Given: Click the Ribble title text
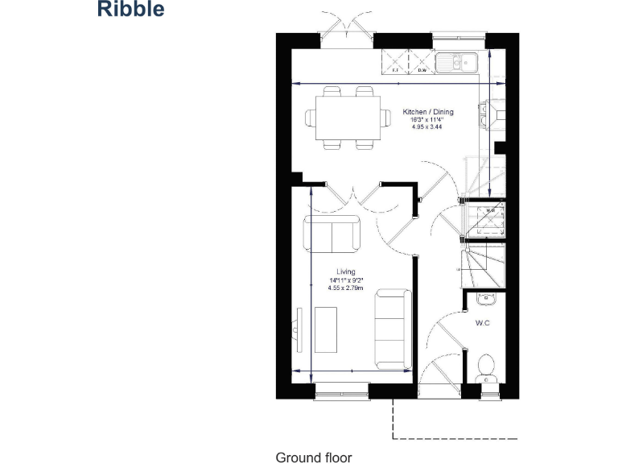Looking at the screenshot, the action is pyautogui.click(x=131, y=10).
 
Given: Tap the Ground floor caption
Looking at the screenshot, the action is pyautogui.click(x=314, y=458).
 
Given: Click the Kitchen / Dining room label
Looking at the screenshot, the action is pyautogui.click(x=428, y=112).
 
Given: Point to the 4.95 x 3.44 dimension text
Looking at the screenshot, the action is pyautogui.click(x=428, y=127).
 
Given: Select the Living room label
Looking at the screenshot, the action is pyautogui.click(x=346, y=272).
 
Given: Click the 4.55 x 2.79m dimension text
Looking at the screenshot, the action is pyautogui.click(x=346, y=288).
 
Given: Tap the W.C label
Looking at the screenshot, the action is pyautogui.click(x=483, y=324).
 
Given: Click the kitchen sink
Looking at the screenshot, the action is pyautogui.click(x=458, y=62).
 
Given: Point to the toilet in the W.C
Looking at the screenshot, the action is pyautogui.click(x=485, y=369).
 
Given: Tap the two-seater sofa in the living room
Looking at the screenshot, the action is pyautogui.click(x=332, y=234).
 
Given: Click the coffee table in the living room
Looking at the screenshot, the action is pyautogui.click(x=326, y=329).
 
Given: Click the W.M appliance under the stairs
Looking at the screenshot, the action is pyautogui.click(x=490, y=217).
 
